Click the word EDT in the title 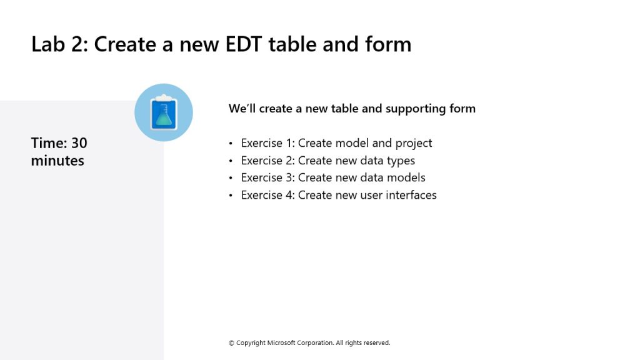tap(243, 44)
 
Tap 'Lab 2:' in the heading tap(59, 44)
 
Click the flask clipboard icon tap(164, 112)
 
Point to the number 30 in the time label tap(79, 143)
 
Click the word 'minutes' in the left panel tap(57, 161)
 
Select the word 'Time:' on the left tap(49, 143)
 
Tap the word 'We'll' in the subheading tap(242, 108)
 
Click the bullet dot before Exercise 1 tap(231, 143)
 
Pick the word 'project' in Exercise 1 tap(414, 143)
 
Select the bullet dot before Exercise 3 tap(231, 178)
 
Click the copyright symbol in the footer tap(231, 343)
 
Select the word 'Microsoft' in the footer tap(281, 343)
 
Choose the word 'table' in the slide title tap(292, 44)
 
